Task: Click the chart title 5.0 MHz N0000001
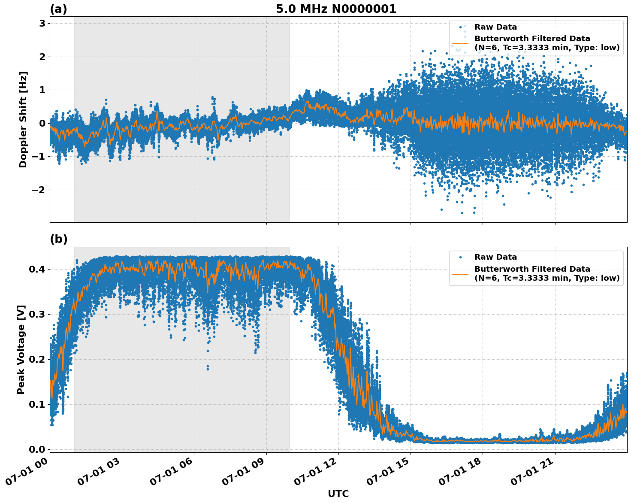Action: [336, 9]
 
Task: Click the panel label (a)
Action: [58, 9]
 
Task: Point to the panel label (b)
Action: [58, 239]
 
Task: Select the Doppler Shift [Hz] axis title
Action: [23, 119]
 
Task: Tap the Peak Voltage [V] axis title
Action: [21, 349]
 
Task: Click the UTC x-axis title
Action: [338, 494]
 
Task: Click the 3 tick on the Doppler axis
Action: [42, 23]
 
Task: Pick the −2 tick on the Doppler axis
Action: [39, 190]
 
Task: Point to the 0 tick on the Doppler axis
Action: [42, 123]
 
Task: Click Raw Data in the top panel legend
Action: [495, 27]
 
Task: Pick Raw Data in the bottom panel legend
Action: [495, 258]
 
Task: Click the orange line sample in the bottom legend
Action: [460, 273]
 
